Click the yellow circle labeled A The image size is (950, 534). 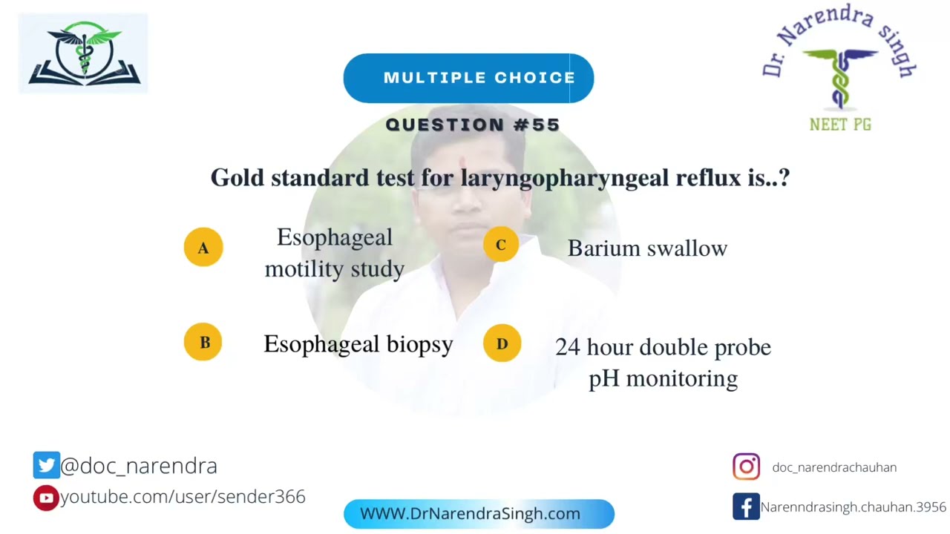coord(203,247)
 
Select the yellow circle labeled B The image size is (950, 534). coord(203,342)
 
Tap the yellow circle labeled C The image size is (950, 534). coord(501,245)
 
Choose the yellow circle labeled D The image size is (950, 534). coord(502,343)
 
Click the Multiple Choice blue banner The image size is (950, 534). coord(468,78)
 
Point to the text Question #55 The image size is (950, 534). coord(473,125)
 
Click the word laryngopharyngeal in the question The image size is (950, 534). coord(563,178)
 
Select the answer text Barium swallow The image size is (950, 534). coord(647,248)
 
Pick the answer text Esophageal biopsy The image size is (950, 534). coord(358,344)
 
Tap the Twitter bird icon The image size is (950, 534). coord(46,465)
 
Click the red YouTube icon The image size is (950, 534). coord(46,498)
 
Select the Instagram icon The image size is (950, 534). coord(746,467)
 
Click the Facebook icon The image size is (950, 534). coord(746,507)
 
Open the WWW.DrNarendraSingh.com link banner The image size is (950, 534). coord(479,514)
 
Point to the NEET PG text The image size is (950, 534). coord(840,125)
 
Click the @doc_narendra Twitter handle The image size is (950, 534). coord(139,466)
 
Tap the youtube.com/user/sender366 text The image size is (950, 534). coord(183,497)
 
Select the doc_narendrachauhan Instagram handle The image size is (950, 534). coord(834,467)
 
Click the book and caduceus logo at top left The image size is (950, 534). coord(83,53)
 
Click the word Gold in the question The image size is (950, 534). coord(237,178)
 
